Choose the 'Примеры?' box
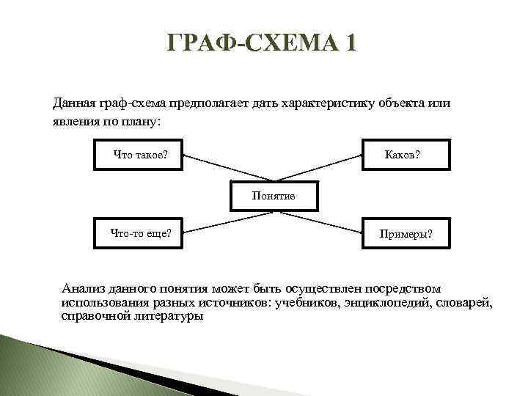click(406, 234)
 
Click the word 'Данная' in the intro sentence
click(73, 103)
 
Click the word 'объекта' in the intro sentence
click(402, 103)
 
